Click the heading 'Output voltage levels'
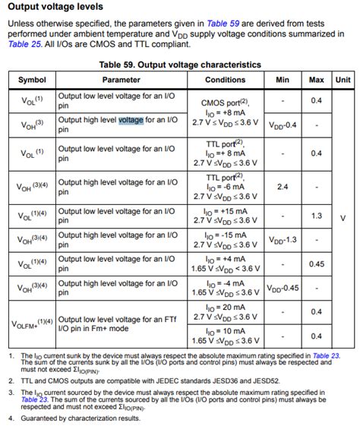click(x=55, y=7)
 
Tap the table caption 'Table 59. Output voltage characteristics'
click(x=179, y=65)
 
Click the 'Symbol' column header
click(x=32, y=80)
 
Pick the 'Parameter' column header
click(x=122, y=80)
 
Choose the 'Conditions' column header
click(x=226, y=80)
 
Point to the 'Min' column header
click(x=283, y=80)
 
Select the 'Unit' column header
click(x=343, y=80)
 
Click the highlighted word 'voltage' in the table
click(x=131, y=120)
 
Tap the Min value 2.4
click(x=283, y=186)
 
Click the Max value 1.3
click(x=316, y=216)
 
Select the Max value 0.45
click(x=316, y=264)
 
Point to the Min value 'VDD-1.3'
click(x=283, y=240)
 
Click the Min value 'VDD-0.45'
click(x=283, y=289)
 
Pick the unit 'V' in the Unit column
click(x=343, y=216)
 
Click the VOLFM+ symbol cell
click(x=32, y=323)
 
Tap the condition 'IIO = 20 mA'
click(x=226, y=308)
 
